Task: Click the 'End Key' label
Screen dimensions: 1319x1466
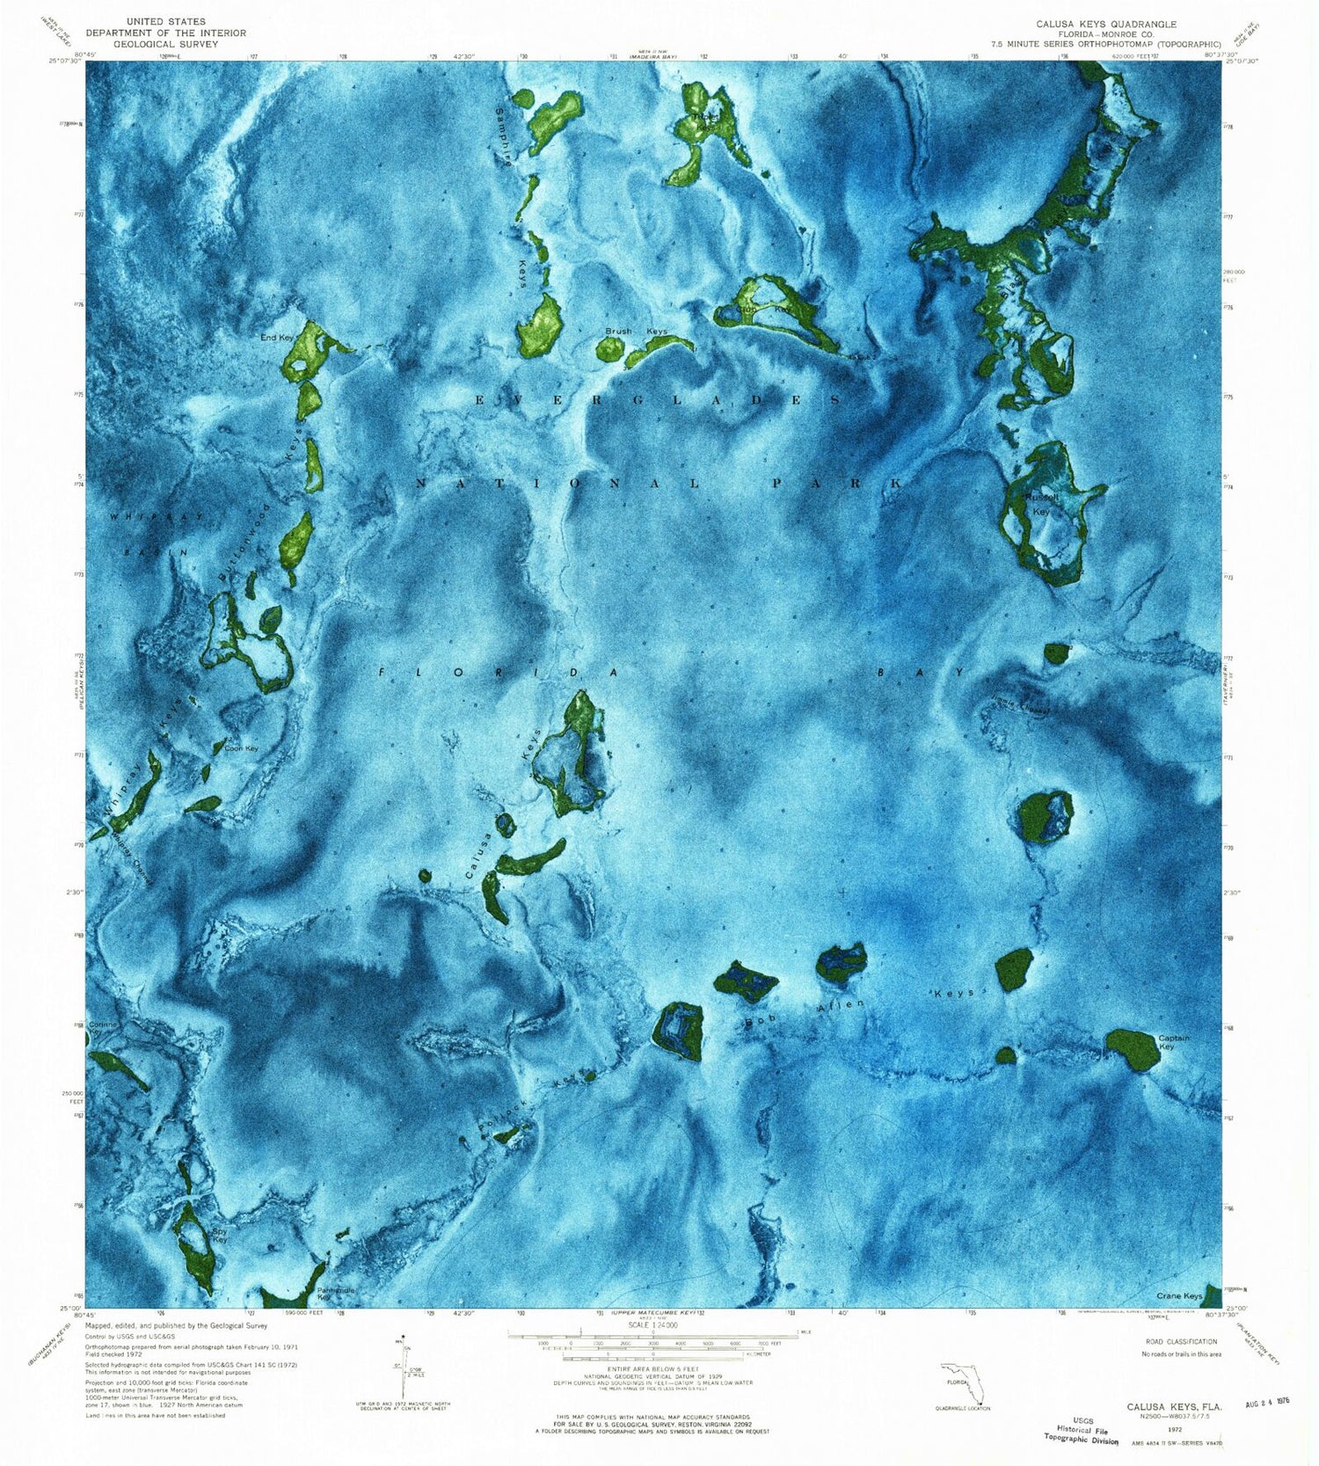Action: tap(276, 338)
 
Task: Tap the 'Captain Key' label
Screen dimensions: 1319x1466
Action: tap(1174, 1042)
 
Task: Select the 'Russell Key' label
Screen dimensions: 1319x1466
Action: tap(1042, 504)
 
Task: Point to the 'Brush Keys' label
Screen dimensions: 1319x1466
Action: tap(636, 332)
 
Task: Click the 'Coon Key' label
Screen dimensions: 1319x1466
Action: tap(241, 748)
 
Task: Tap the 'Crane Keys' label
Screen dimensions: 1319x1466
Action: tap(1178, 1296)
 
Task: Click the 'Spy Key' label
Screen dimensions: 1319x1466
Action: tap(220, 1236)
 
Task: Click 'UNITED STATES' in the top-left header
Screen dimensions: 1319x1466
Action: tap(165, 21)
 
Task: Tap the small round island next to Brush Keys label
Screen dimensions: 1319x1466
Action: tap(608, 349)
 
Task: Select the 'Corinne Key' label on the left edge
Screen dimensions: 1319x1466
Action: tap(102, 1027)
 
